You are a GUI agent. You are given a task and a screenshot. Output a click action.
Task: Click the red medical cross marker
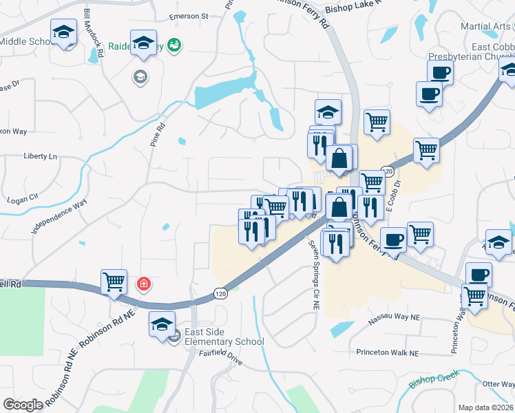pos(143,284)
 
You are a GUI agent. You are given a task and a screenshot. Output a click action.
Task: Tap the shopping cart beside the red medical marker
pos(114,282)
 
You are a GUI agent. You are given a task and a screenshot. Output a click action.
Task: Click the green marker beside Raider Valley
pos(174,45)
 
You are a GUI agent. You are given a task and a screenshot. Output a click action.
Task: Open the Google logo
pos(23,405)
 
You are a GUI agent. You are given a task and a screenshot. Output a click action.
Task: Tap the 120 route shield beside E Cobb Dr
pos(388,171)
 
